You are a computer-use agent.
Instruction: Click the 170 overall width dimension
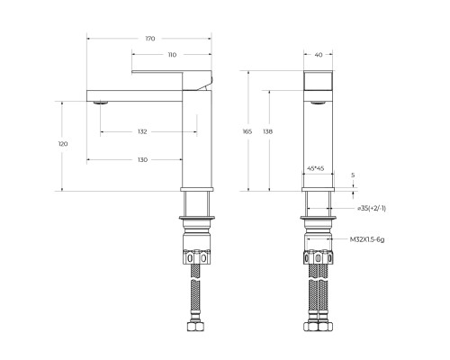pyautogui.click(x=150, y=39)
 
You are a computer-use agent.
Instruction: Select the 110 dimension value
pyautogui.click(x=171, y=55)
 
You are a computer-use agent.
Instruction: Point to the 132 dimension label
pyautogui.click(x=142, y=132)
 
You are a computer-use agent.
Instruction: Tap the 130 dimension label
pyautogui.click(x=142, y=160)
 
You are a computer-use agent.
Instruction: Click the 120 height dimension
pyautogui.click(x=62, y=145)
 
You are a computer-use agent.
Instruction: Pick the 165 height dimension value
pyautogui.click(x=248, y=132)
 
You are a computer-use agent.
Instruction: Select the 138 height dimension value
pyautogui.click(x=268, y=132)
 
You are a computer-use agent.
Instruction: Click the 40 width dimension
pyautogui.click(x=318, y=54)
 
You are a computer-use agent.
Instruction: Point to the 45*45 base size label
pyautogui.click(x=317, y=167)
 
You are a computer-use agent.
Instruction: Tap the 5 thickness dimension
pyautogui.click(x=353, y=175)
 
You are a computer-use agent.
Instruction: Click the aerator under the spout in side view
pyautogui.click(x=101, y=103)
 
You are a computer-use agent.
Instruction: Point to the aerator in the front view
pyautogui.click(x=318, y=103)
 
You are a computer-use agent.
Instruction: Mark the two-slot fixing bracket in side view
pyautogui.click(x=197, y=258)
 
